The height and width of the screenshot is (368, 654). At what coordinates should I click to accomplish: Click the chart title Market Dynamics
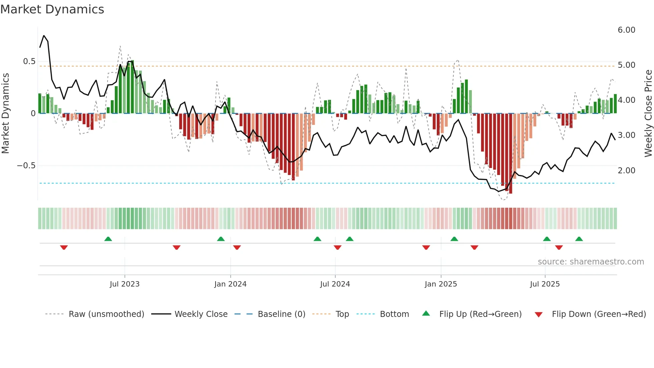pos(52,9)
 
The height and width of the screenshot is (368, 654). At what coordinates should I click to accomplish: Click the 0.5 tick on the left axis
pos(29,61)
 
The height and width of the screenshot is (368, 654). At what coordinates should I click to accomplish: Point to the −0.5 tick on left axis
pos(26,166)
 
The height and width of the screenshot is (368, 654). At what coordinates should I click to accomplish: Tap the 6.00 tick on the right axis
pos(626,30)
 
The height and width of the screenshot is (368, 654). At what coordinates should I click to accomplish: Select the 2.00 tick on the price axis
pos(626,171)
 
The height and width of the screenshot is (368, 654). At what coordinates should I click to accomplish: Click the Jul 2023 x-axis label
pos(124,284)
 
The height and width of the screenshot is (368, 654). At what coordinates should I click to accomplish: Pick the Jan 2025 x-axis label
pos(440,284)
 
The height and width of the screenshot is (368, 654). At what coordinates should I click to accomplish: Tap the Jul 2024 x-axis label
pos(335,284)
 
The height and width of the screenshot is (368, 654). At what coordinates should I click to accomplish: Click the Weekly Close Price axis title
pos(648,114)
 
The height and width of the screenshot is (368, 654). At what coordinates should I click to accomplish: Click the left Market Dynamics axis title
pos(5,114)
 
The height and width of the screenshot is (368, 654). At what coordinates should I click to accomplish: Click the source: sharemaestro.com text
pos(591,262)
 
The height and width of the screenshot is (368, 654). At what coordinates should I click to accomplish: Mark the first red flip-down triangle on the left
pos(64,247)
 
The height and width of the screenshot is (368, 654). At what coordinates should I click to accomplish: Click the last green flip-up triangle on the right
pos(579,239)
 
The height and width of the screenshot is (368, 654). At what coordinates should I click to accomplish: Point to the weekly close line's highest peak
pos(44,35)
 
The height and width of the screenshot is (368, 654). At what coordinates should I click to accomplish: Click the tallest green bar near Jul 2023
pos(132,87)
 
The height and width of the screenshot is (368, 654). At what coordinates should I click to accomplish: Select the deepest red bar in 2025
pos(511,154)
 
